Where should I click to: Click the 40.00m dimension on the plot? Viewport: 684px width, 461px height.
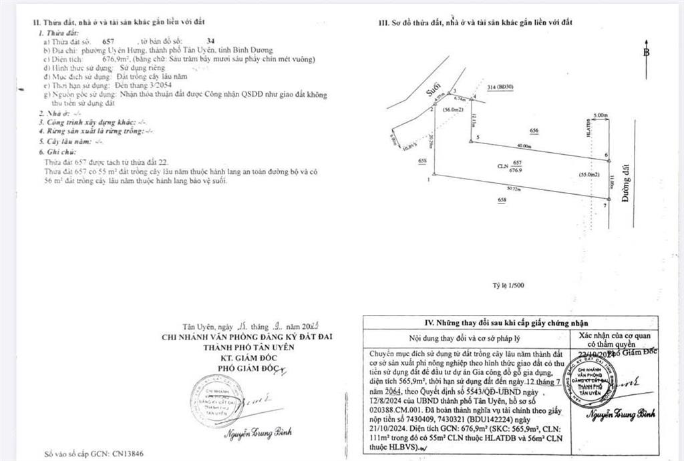point(524,146)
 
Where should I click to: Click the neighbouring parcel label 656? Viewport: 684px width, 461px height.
point(534,131)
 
